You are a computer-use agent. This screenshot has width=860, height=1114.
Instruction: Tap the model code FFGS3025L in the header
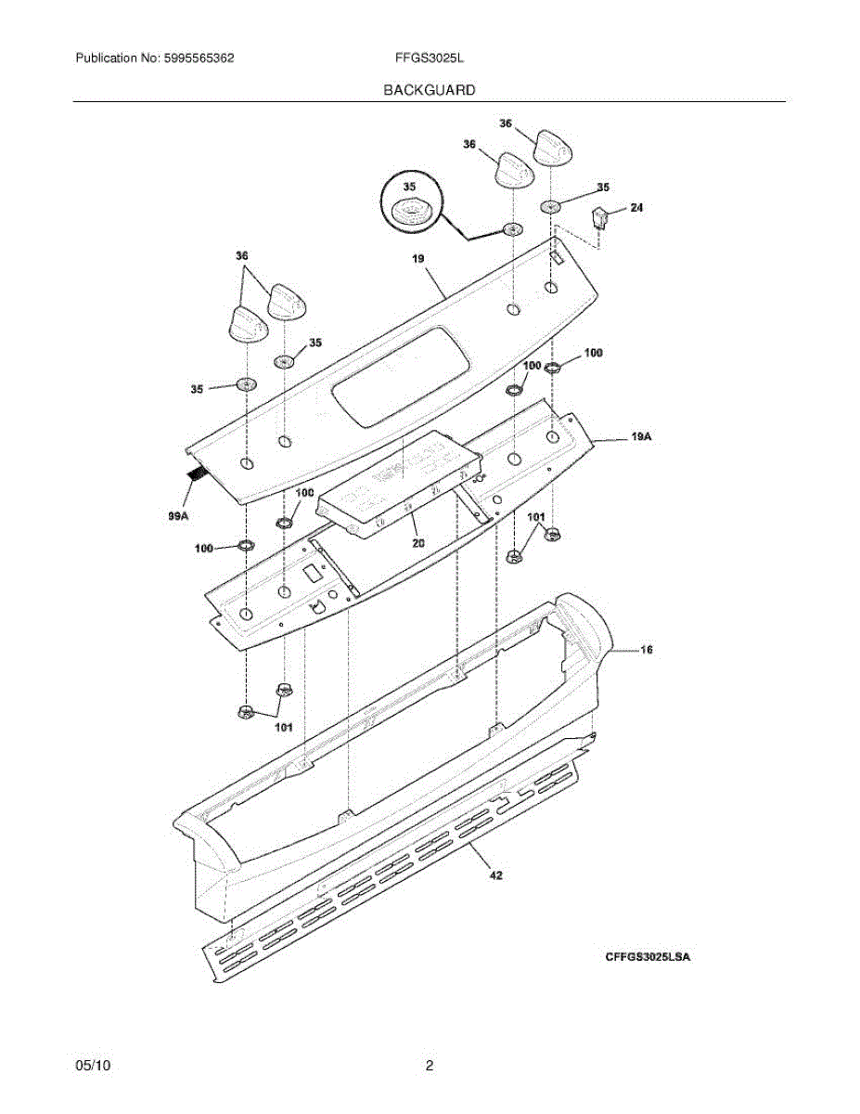coord(430,58)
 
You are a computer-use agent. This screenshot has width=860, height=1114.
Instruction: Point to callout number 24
coord(635,209)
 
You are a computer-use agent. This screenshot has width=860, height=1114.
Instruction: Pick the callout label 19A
coord(641,435)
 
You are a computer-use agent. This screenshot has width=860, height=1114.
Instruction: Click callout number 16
coord(646,650)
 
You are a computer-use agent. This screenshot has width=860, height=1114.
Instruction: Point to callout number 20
coord(418,543)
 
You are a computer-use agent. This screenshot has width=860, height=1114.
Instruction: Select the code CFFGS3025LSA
coord(648,957)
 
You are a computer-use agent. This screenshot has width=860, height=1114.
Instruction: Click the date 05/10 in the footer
coord(93,1067)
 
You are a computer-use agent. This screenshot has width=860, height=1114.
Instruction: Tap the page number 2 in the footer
coord(430,1067)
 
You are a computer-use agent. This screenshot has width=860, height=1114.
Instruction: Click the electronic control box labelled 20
coord(399,483)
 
